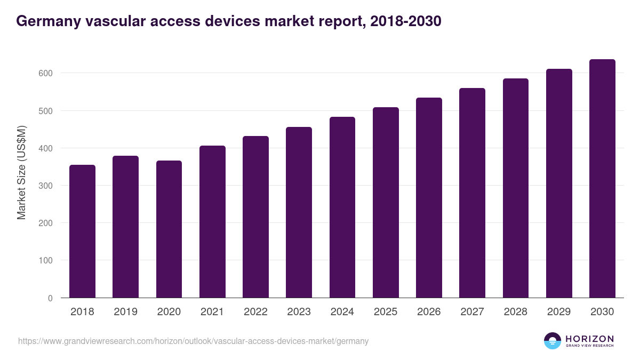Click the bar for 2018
82,231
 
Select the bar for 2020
169,229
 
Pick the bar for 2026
429,198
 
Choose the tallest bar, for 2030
602,179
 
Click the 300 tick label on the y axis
46,186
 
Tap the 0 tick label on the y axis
50,298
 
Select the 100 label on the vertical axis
46,261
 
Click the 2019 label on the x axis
125,312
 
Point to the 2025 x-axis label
386,312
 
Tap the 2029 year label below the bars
559,312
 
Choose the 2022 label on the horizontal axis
255,312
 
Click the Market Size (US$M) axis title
21,173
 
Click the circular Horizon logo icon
553,341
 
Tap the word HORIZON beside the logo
589,339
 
